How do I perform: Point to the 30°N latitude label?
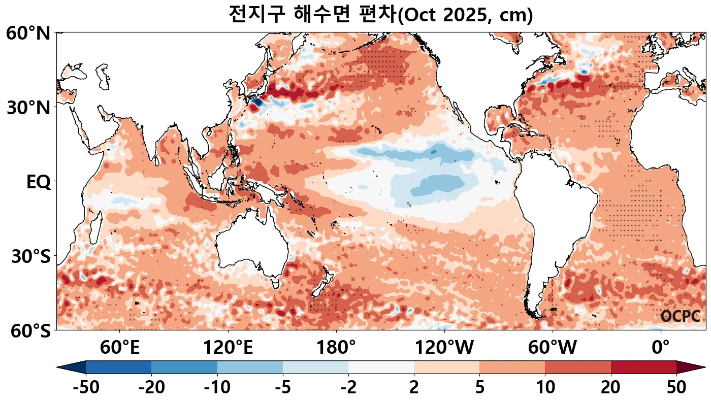click(x=28, y=108)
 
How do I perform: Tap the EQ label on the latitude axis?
click(x=38, y=182)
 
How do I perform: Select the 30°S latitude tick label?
click(x=30, y=257)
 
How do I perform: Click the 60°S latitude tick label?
click(x=28, y=331)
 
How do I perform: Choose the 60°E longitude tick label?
click(x=119, y=348)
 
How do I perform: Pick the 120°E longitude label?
click(x=228, y=348)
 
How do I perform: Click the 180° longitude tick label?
click(x=336, y=348)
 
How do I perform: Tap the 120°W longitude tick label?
click(x=444, y=348)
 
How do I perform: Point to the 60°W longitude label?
click(x=553, y=348)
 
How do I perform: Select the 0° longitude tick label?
click(x=661, y=348)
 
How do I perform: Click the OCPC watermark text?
click(x=680, y=316)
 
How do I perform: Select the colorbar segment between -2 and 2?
click(x=381, y=367)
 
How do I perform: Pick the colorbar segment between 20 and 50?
click(x=643, y=367)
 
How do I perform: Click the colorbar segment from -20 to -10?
click(x=184, y=367)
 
